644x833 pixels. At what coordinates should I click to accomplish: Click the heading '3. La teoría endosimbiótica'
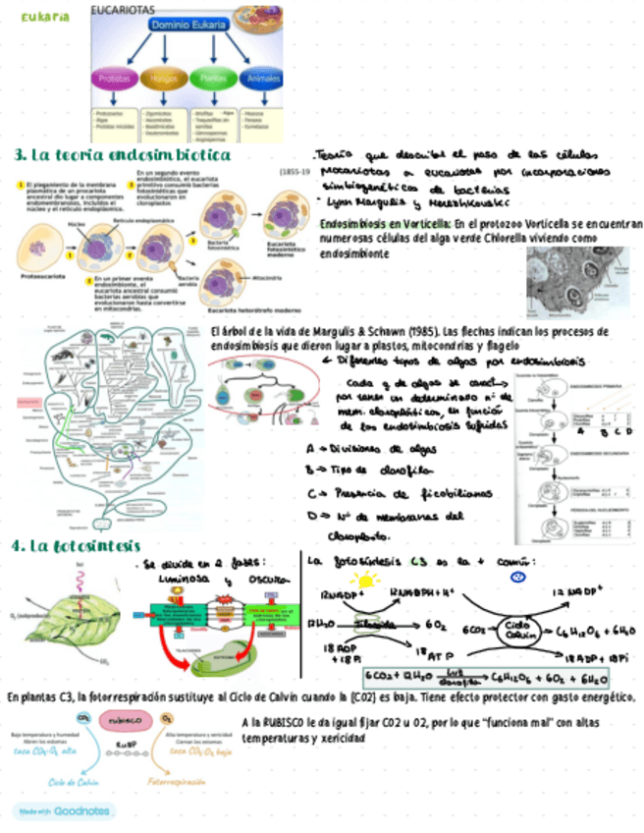(123, 156)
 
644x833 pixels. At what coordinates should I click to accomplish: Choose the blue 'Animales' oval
(263, 78)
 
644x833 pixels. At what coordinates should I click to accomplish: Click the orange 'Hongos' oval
(161, 78)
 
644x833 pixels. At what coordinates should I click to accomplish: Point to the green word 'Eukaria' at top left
(45, 17)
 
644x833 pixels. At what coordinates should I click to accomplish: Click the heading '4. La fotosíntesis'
(77, 545)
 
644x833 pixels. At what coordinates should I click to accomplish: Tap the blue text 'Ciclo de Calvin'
(74, 782)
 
